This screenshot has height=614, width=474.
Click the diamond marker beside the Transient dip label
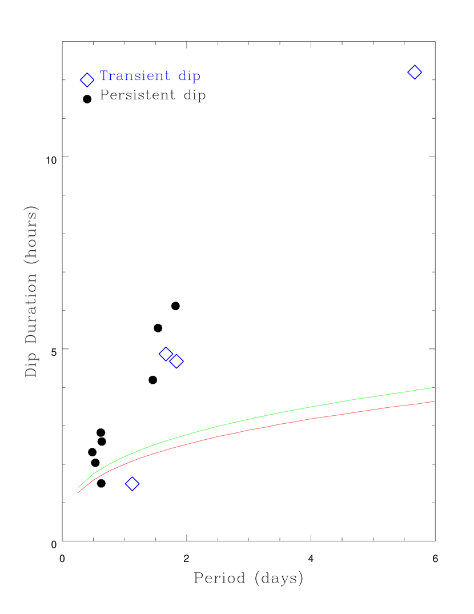click(x=87, y=80)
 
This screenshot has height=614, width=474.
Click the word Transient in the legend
click(x=135, y=76)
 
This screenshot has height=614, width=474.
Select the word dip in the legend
click(x=189, y=77)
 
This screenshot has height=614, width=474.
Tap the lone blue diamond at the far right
click(x=415, y=73)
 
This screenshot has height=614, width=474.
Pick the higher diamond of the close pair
click(x=166, y=354)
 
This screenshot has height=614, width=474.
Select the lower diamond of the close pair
click(x=176, y=361)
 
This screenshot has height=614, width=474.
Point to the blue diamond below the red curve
click(x=132, y=484)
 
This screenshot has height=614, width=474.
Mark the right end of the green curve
click(x=435, y=387)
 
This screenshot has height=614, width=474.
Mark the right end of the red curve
click(x=435, y=401)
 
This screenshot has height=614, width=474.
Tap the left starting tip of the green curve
click(x=78, y=487)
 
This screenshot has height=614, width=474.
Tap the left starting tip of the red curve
click(x=78, y=492)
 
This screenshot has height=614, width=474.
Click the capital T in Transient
click(x=104, y=76)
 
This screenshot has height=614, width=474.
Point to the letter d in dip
click(x=182, y=76)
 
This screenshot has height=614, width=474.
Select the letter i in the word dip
click(x=189, y=76)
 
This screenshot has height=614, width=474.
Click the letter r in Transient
click(x=112, y=77)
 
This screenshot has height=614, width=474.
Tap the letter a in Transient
click(x=119, y=77)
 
